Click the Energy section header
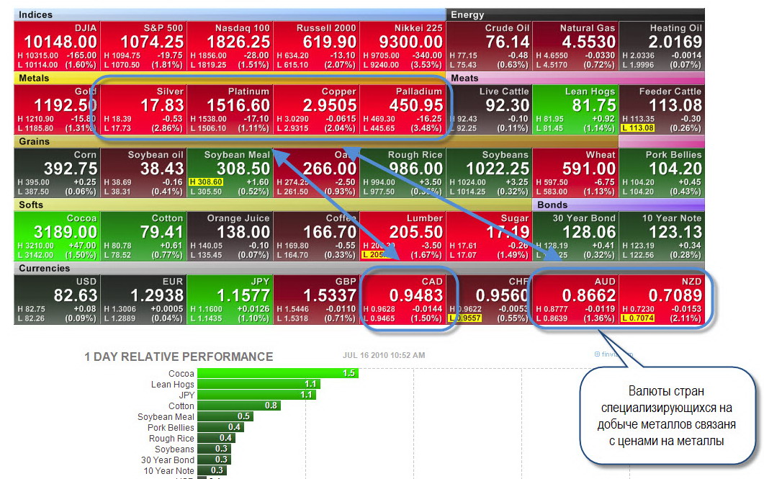click(467, 14)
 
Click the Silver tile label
click(170, 91)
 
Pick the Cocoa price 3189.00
click(56, 232)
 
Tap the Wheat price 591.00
click(588, 169)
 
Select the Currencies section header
click(44, 268)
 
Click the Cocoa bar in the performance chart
click(277, 373)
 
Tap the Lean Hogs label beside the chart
click(173, 384)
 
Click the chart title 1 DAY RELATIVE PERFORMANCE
click(179, 357)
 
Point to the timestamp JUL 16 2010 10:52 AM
click(384, 355)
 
